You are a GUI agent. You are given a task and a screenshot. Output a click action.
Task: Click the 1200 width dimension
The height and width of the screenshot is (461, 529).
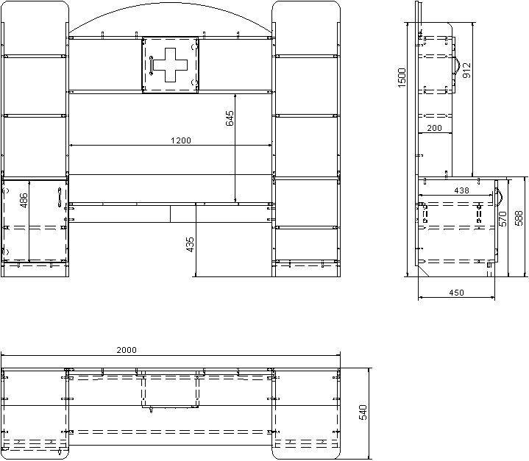click(x=181, y=140)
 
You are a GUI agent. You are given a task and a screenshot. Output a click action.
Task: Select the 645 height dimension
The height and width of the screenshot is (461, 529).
click(x=230, y=118)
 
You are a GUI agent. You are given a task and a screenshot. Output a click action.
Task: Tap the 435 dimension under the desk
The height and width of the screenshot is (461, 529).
click(x=190, y=245)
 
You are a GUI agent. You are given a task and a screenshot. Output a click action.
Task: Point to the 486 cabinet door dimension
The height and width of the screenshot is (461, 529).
click(x=24, y=200)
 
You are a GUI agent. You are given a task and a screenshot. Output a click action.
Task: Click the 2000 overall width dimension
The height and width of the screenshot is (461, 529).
click(x=127, y=350)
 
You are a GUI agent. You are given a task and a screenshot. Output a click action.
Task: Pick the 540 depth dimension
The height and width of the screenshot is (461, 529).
click(x=363, y=412)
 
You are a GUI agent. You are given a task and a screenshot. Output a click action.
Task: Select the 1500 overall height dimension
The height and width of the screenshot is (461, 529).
click(x=402, y=78)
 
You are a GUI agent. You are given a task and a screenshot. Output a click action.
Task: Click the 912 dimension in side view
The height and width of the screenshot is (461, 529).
click(x=466, y=71)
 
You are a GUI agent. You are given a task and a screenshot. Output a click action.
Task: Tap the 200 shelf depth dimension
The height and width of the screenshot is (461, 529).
click(x=434, y=128)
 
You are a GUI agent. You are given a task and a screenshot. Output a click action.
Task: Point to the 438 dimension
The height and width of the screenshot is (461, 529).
click(x=461, y=190)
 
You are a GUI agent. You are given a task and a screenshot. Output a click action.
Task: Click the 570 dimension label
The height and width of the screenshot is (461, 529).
click(x=503, y=219)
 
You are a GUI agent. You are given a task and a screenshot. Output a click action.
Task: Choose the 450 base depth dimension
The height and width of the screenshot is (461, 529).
click(x=456, y=293)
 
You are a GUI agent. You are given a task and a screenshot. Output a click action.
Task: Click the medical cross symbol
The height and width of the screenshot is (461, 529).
click(x=171, y=65)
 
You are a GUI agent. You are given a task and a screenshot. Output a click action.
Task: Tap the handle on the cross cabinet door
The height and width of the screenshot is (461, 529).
click(x=151, y=65)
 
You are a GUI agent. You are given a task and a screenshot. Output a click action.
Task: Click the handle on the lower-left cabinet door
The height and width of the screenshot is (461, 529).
click(x=59, y=197)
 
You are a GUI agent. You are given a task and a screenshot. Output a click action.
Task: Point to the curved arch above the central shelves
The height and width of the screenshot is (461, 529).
click(x=171, y=4)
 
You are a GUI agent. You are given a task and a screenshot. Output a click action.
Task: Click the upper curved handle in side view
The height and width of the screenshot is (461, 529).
click(x=456, y=64)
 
